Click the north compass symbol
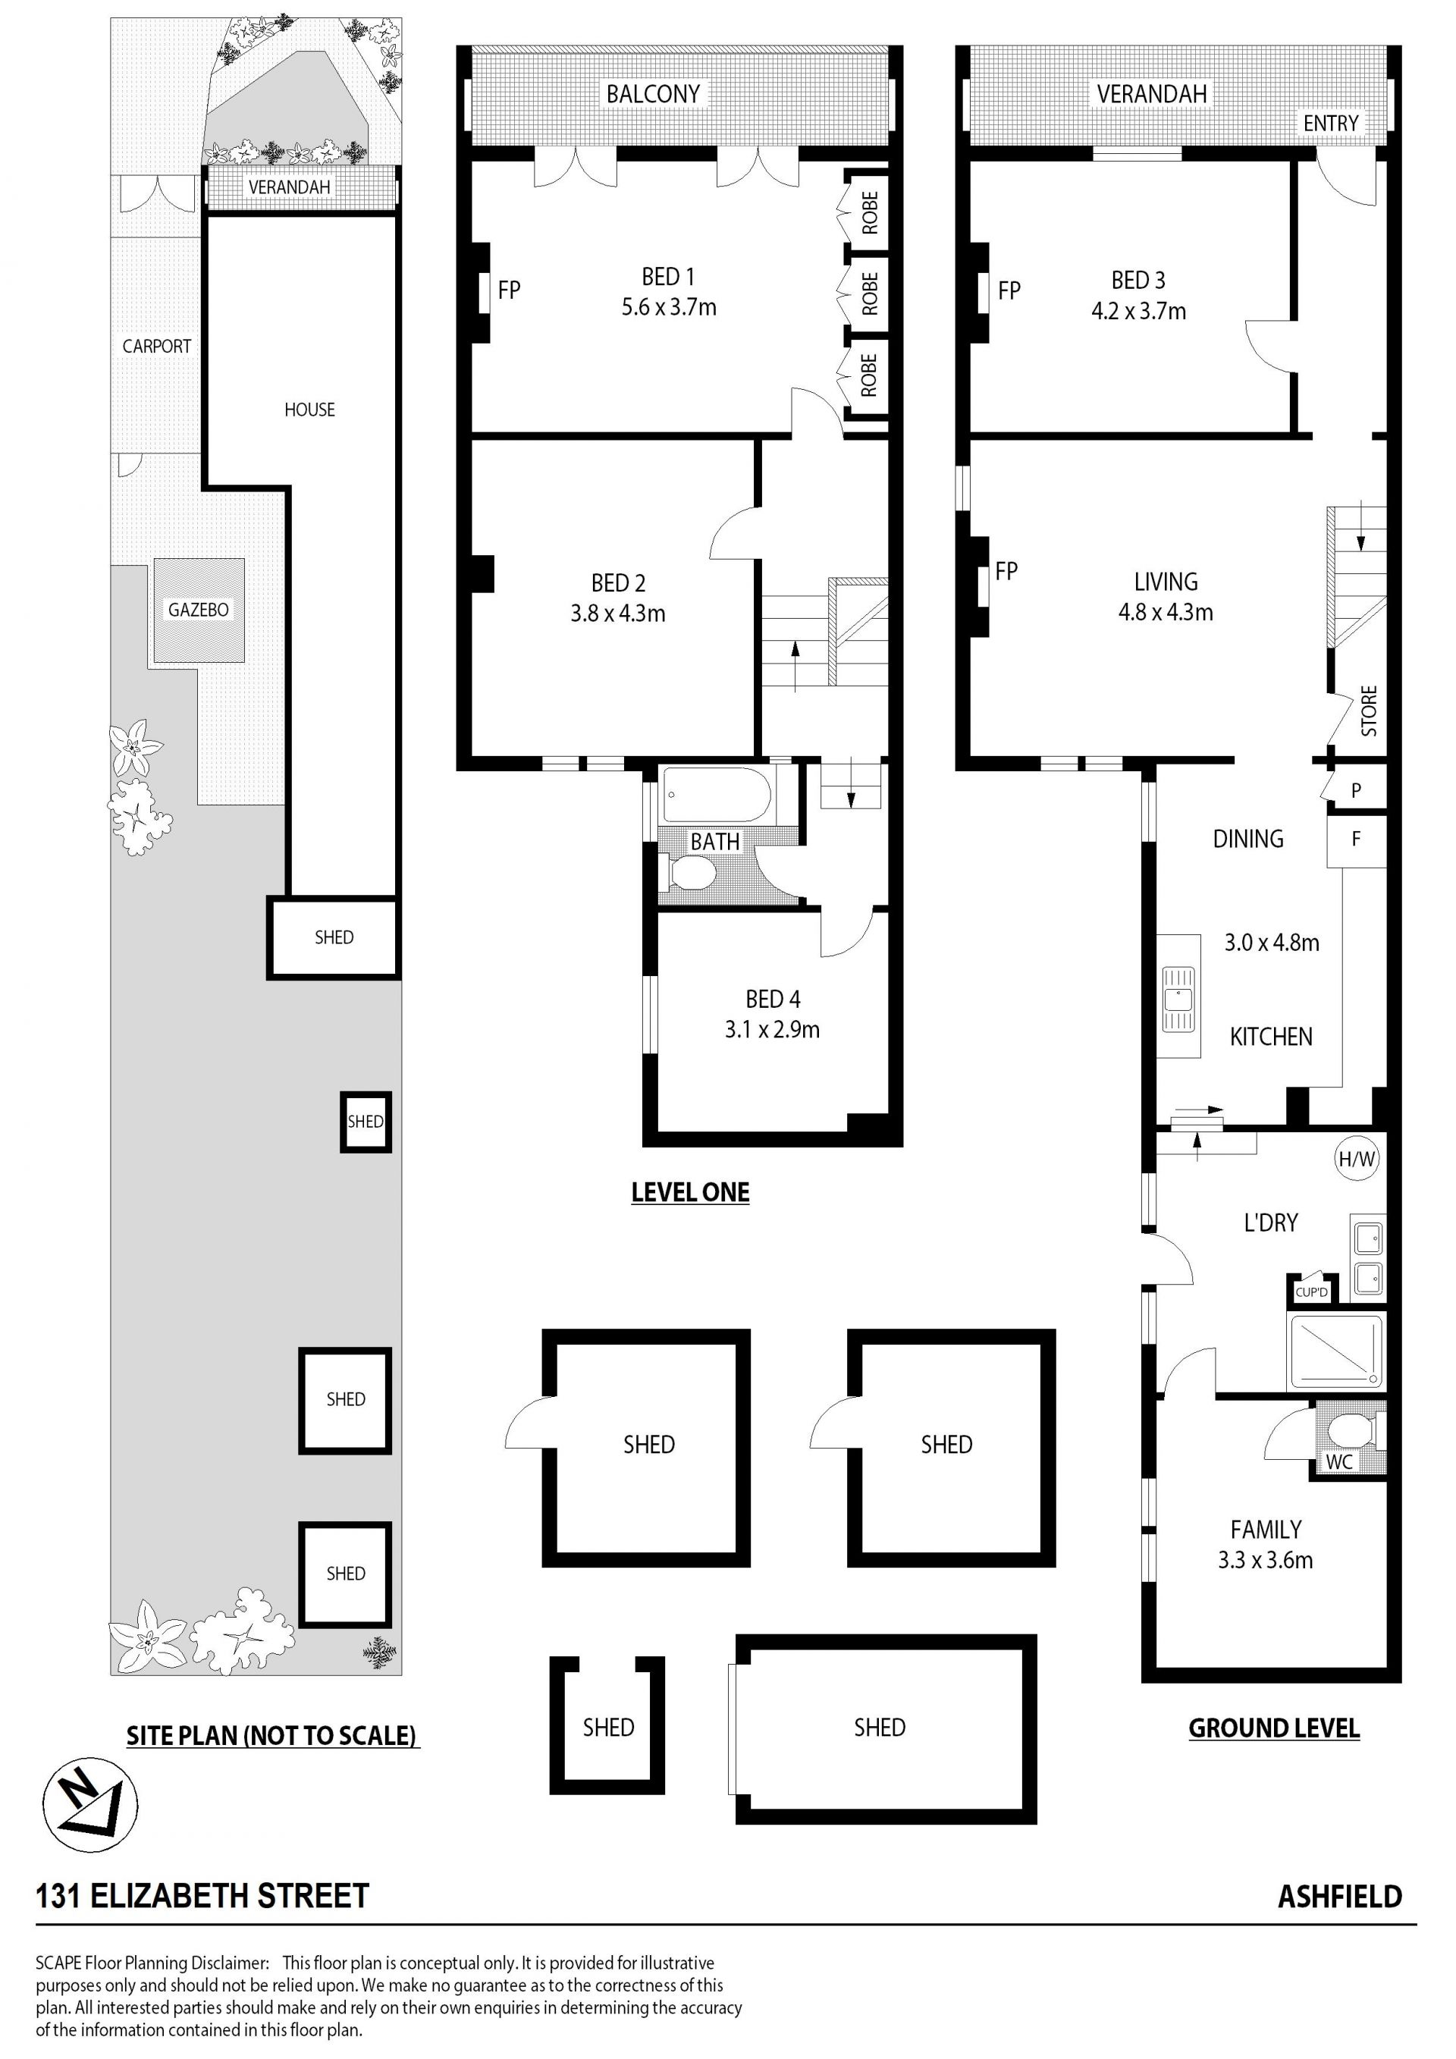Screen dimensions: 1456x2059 point(90,1804)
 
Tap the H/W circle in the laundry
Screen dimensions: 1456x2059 point(1357,1159)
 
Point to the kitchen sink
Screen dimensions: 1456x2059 point(1178,998)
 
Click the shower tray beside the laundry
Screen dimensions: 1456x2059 point(1335,1351)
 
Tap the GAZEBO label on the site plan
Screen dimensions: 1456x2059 point(198,610)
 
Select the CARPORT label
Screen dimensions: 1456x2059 point(157,346)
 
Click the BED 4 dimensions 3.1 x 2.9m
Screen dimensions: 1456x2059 point(772,1030)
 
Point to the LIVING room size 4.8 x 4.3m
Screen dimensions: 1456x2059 point(1166,613)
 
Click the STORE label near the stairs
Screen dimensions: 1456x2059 point(1369,711)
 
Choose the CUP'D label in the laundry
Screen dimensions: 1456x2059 point(1310,1292)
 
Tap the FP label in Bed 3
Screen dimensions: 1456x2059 point(1009,290)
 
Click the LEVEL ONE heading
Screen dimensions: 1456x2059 point(690,1192)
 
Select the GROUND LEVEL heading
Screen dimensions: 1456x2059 point(1274,1728)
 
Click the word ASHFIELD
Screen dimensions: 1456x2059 point(1339,1897)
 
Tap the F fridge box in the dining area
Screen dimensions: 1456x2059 point(1357,840)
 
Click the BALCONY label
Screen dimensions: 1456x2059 point(653,94)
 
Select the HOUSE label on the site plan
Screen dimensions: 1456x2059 point(309,410)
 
